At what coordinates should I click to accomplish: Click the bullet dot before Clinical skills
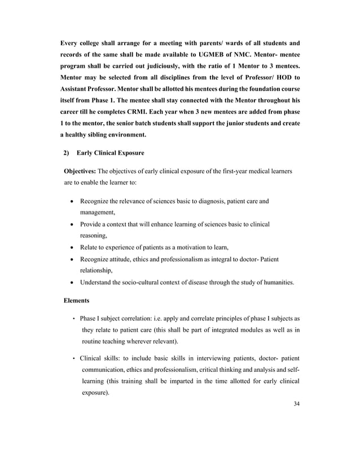(x=74, y=359)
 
